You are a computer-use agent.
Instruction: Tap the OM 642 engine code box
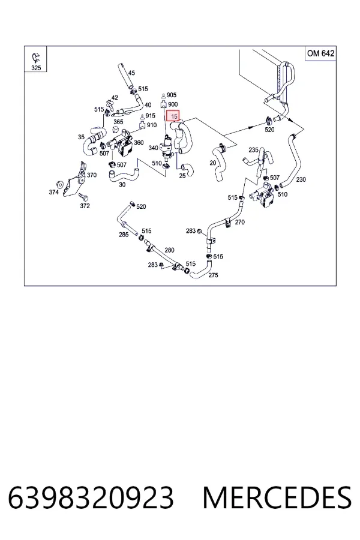point(320,53)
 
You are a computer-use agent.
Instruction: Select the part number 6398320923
point(91,497)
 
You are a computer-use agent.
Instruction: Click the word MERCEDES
point(277,497)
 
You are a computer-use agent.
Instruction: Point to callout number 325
point(36,68)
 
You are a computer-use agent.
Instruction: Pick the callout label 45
point(131,73)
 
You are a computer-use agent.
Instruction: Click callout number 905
point(172,95)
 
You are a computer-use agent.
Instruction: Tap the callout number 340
point(153,148)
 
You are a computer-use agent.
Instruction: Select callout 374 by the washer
point(54,192)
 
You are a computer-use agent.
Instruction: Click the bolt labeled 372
point(83,197)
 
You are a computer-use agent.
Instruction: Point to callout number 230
point(301,179)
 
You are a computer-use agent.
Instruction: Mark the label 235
point(253,150)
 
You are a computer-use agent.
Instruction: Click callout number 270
point(240,222)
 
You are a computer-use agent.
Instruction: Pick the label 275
point(213,275)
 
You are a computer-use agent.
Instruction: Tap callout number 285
point(124,235)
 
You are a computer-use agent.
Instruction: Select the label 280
point(169,250)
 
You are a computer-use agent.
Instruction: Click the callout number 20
point(213,163)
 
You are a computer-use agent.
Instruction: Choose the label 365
point(118,122)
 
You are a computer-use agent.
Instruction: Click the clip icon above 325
point(35,58)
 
